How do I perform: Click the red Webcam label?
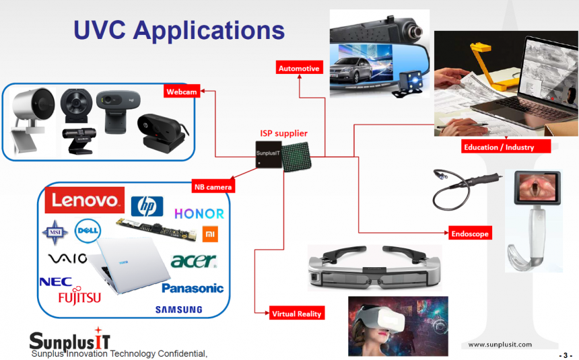click(182, 92)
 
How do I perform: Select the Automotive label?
click(299, 68)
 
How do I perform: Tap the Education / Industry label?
click(506, 147)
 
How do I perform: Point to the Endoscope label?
click(470, 233)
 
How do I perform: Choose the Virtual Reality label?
click(297, 313)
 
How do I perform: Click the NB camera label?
click(213, 186)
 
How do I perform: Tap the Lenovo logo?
click(85, 200)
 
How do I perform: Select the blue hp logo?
click(147, 206)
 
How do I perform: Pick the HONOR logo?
click(199, 213)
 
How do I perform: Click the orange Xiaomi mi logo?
click(210, 234)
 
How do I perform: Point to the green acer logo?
click(194, 260)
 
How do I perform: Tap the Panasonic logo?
click(193, 288)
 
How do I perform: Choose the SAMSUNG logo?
click(178, 310)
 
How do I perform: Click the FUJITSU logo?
click(79, 296)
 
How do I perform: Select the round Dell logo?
click(88, 231)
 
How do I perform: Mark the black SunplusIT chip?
click(269, 155)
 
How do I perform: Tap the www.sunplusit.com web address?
click(500, 345)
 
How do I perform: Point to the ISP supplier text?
click(283, 133)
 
